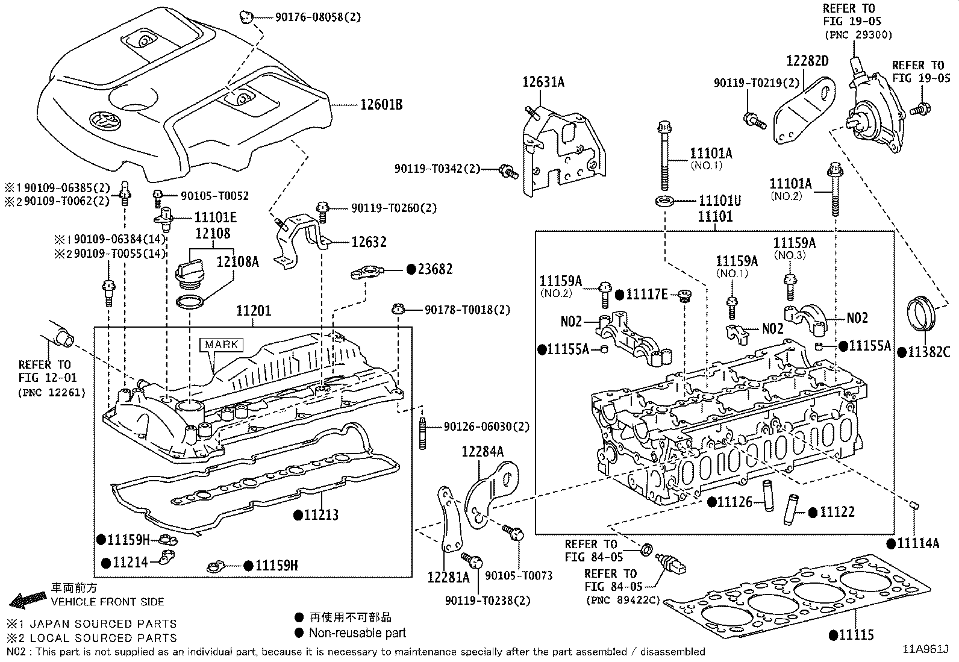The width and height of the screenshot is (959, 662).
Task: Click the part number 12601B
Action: click(x=381, y=105)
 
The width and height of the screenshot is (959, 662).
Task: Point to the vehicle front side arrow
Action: click(x=27, y=599)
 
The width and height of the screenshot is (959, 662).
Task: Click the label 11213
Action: click(x=321, y=515)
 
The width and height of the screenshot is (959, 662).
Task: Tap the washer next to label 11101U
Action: click(x=664, y=199)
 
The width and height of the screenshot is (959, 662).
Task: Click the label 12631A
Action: click(x=543, y=83)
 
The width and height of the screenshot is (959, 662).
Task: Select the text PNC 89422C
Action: click(x=623, y=600)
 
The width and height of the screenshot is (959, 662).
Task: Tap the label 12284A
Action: click(x=483, y=451)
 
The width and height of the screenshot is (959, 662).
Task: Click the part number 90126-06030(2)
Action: click(x=486, y=426)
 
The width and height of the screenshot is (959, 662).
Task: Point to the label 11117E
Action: click(x=646, y=294)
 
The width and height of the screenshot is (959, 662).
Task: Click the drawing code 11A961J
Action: click(x=925, y=649)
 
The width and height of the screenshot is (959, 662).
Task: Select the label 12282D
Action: click(x=807, y=61)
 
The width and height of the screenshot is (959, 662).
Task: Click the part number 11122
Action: click(x=837, y=512)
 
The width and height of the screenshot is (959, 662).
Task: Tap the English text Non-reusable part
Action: click(x=357, y=632)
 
